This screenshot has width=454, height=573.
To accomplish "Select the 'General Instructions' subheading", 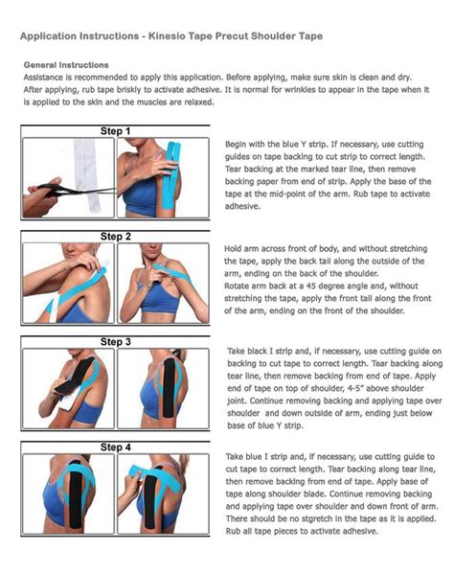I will click(x=65, y=65).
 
